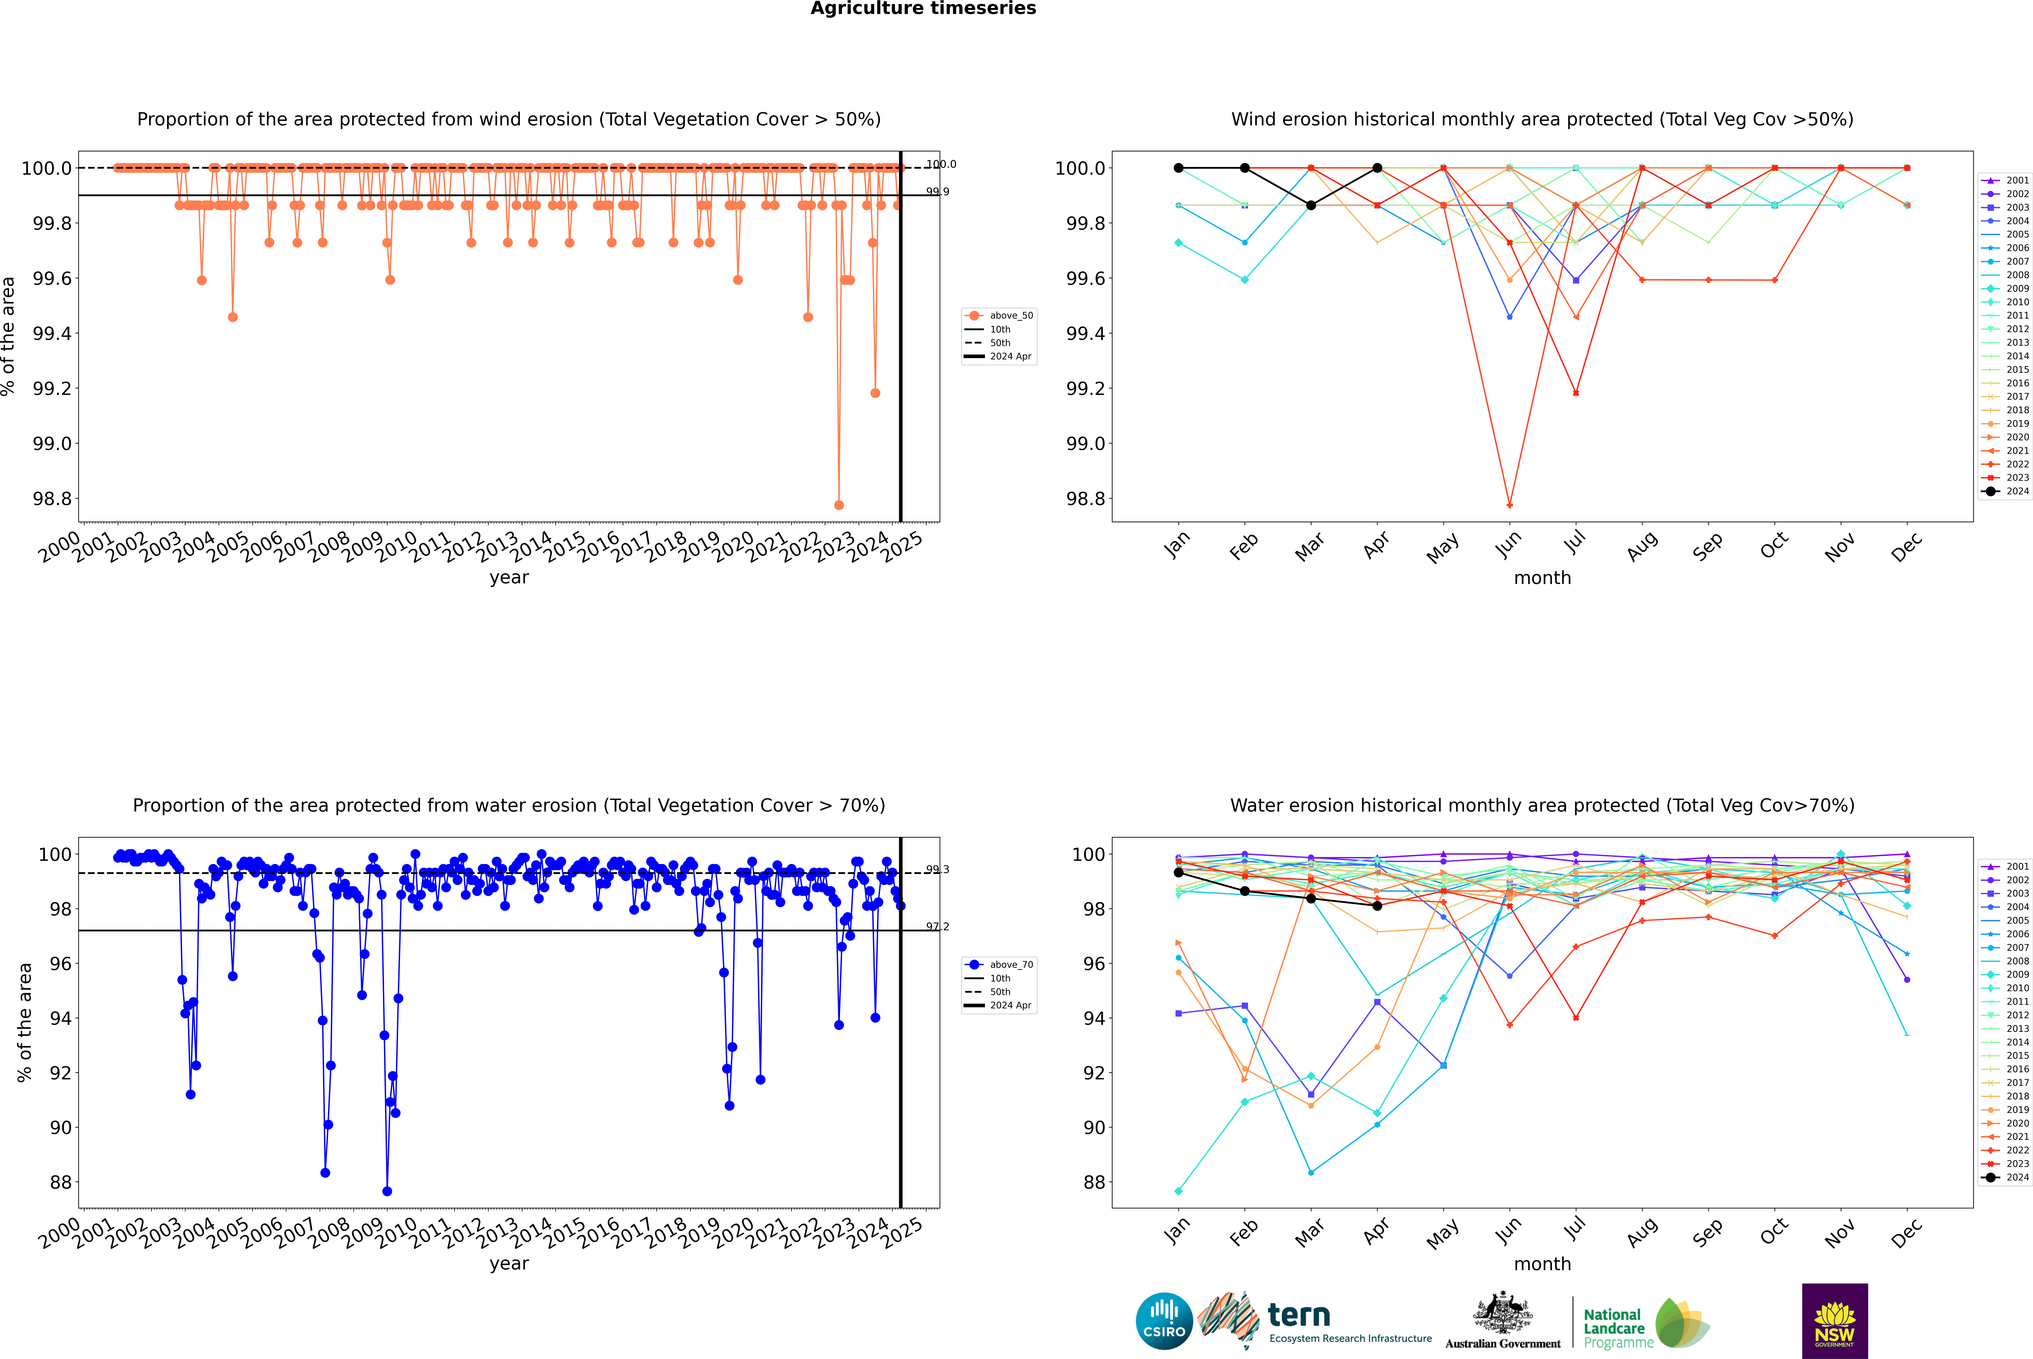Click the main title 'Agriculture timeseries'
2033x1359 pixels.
click(923, 9)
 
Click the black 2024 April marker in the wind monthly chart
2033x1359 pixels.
click(1377, 168)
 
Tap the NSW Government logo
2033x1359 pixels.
click(1834, 1321)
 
